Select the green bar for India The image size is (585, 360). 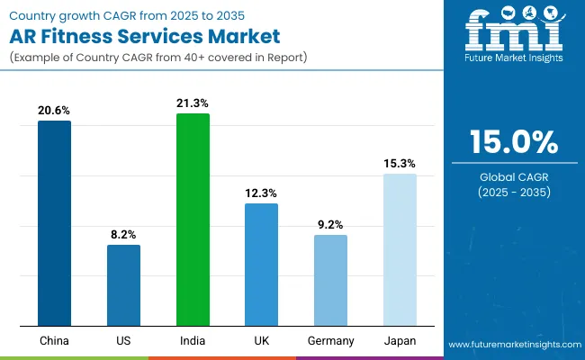[x=193, y=220]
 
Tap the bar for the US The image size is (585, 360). [x=123, y=284]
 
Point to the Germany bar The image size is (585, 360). [x=330, y=280]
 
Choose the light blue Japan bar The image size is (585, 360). [x=400, y=249]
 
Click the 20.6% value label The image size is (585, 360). [x=54, y=110]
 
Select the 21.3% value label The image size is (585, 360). [x=193, y=103]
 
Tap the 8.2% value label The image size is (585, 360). [x=123, y=234]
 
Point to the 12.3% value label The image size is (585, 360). [x=262, y=193]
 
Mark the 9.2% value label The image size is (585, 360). [x=330, y=224]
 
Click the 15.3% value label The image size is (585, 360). [x=400, y=163]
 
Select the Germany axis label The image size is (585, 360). [x=330, y=341]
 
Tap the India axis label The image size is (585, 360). [x=193, y=341]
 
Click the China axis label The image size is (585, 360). [x=54, y=341]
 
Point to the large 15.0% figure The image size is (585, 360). [x=514, y=142]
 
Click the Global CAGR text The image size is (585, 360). [x=514, y=176]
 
